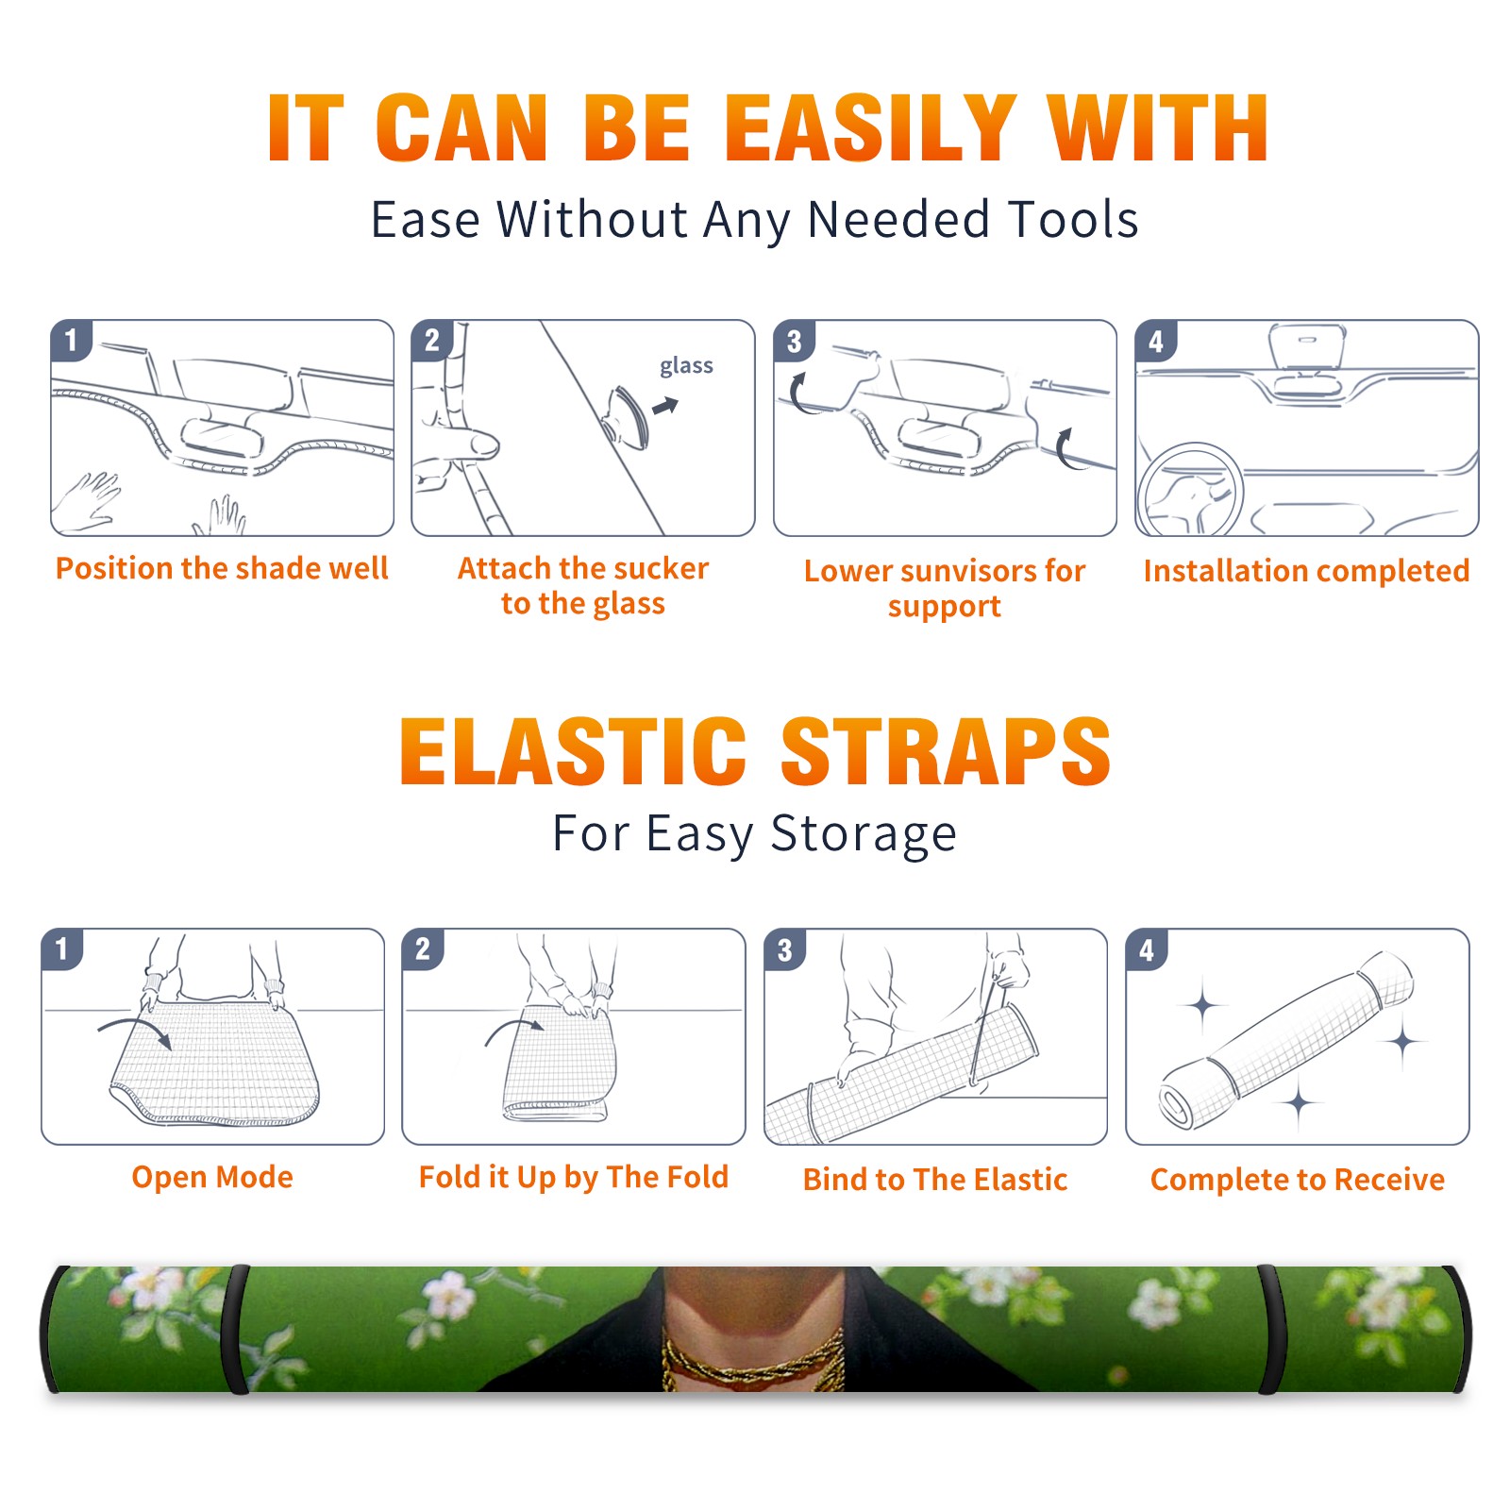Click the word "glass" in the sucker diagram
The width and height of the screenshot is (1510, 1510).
pyautogui.click(x=686, y=366)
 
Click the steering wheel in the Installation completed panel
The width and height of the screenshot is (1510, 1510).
pyautogui.click(x=1190, y=491)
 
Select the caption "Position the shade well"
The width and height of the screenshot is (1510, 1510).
pyautogui.click(x=222, y=568)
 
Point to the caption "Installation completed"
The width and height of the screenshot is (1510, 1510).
pyautogui.click(x=1306, y=571)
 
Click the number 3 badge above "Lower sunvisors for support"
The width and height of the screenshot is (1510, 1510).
pyautogui.click(x=795, y=341)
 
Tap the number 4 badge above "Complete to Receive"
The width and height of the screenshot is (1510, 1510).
pyautogui.click(x=1147, y=949)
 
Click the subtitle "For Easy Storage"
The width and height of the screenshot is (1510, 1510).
pyautogui.click(x=755, y=833)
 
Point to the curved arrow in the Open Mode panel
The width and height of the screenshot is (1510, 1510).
pyautogui.click(x=135, y=1031)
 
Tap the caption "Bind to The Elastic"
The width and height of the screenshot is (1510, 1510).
pyautogui.click(x=935, y=1180)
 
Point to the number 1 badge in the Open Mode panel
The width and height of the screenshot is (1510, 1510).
pyautogui.click(x=62, y=948)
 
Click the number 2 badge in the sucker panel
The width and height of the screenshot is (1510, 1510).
pyautogui.click(x=432, y=341)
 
